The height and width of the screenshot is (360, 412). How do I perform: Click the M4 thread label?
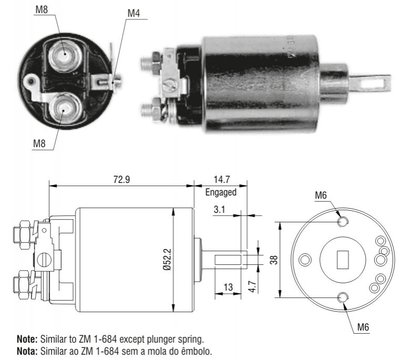[x=133, y=13]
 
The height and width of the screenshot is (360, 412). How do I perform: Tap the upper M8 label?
[x=42, y=9]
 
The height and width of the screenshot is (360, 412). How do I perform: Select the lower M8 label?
[x=39, y=143]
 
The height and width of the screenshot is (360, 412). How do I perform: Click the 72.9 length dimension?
[x=121, y=180]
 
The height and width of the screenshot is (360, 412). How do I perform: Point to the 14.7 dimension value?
[x=222, y=180]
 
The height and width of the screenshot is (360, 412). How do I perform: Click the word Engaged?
[x=221, y=192]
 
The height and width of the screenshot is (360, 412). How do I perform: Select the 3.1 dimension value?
[x=219, y=209]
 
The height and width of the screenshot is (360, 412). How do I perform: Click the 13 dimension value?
[x=228, y=287]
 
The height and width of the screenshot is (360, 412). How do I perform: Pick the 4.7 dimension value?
[x=252, y=286]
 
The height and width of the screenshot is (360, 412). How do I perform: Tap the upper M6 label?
[x=321, y=196]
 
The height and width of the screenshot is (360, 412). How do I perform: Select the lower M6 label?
[x=363, y=327]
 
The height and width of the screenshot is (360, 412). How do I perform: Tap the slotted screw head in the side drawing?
[x=44, y=260]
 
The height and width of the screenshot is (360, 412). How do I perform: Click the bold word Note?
[x=27, y=339]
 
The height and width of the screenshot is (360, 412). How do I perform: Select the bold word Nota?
[x=27, y=351]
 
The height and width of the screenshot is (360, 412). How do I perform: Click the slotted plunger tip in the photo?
[x=370, y=83]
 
